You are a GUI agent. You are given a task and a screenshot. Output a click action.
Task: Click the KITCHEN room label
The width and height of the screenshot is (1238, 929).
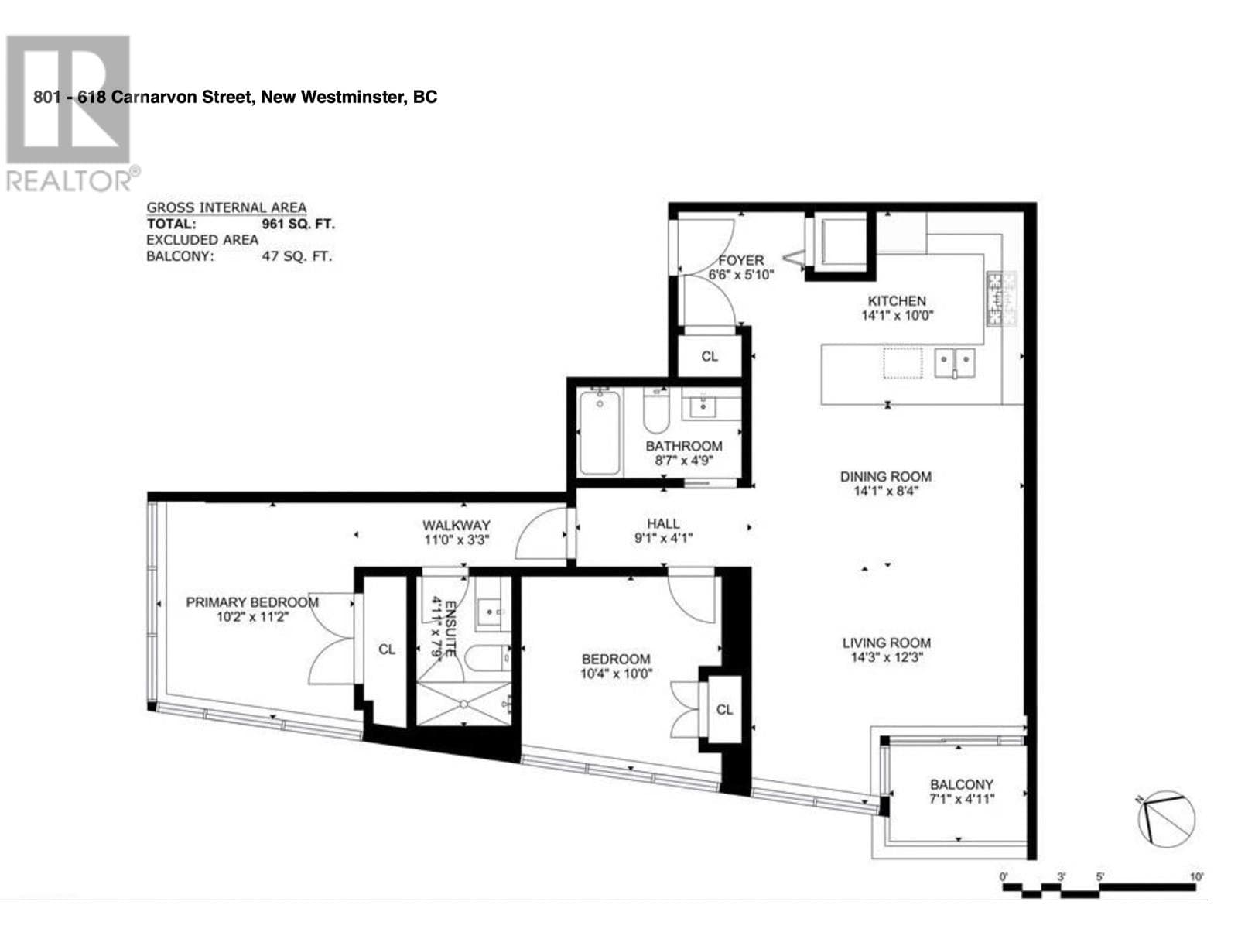coord(896,301)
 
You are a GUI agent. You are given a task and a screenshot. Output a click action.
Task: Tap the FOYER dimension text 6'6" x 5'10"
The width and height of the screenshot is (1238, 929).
coord(740,275)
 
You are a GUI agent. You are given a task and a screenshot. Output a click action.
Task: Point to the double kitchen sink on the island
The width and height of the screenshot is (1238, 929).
coord(955,361)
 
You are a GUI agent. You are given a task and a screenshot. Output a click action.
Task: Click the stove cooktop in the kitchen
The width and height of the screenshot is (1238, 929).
coord(1001,299)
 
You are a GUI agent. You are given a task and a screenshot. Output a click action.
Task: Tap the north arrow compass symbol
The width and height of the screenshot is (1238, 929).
coord(1165,819)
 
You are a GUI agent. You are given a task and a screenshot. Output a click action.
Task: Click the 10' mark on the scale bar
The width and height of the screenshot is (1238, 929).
coord(1196,877)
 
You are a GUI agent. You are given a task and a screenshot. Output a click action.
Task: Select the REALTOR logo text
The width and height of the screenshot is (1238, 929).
coord(70,181)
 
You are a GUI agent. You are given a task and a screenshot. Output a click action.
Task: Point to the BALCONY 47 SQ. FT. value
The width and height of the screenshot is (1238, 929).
coord(297,256)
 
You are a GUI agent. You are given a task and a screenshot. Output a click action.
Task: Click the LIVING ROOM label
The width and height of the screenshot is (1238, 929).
coord(886,643)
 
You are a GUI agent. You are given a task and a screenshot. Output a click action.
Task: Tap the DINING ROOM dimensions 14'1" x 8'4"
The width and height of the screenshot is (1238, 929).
coord(885,491)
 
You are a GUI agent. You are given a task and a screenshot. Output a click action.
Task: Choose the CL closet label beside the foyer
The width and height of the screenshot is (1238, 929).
coord(710,356)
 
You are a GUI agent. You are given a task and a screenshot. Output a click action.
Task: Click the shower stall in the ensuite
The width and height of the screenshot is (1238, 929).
coord(463,704)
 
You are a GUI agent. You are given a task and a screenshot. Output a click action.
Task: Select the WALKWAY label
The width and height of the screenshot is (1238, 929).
coord(457,526)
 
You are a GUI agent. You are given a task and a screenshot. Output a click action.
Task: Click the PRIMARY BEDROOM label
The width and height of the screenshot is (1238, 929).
coord(251,602)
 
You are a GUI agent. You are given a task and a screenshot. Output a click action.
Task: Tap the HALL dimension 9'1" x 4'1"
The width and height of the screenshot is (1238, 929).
coord(663,538)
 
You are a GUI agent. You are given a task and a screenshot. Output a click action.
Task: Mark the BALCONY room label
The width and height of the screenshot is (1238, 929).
coord(961,784)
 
